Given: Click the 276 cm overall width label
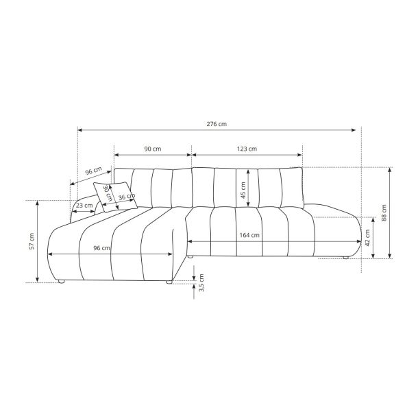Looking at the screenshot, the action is pyautogui.click(x=217, y=124).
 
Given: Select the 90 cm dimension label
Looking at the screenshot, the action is pyautogui.click(x=153, y=149).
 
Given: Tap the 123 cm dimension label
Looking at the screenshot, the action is pyautogui.click(x=247, y=149).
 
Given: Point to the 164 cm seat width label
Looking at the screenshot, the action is pyautogui.click(x=249, y=235).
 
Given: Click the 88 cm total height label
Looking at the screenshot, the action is pyautogui.click(x=384, y=212).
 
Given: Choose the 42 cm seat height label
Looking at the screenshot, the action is pyautogui.click(x=367, y=238).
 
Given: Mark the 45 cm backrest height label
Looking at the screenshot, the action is pyautogui.click(x=243, y=190).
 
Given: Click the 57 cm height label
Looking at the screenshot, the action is pyautogui.click(x=32, y=241).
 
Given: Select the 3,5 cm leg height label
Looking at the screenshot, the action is pyautogui.click(x=201, y=282).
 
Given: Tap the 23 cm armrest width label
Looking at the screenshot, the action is pyautogui.click(x=84, y=206).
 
